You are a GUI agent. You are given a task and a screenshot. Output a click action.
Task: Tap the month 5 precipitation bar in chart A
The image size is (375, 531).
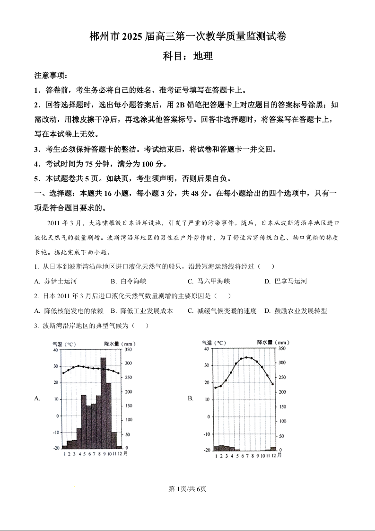point(84,421)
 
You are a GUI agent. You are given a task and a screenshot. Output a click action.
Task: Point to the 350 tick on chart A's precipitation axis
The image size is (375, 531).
point(128,350)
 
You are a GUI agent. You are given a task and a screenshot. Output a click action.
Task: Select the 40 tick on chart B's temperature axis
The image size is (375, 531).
point(206,349)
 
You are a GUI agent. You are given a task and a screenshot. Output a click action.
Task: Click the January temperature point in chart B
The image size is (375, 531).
point(216,388)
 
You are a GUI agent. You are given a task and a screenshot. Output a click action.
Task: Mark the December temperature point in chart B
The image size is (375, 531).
point(273,384)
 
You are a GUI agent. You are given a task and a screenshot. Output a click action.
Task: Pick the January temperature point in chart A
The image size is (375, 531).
point(63,373)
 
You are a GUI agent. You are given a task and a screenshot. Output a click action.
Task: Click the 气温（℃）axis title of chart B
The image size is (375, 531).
point(213,342)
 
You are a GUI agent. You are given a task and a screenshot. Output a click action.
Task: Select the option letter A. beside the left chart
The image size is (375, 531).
point(37,398)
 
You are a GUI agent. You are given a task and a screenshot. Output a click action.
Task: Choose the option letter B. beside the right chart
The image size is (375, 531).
point(191,398)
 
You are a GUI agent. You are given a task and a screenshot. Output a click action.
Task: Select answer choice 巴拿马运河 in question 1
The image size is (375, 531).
point(291,281)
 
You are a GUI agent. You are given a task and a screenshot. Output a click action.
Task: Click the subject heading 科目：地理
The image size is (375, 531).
point(188,56)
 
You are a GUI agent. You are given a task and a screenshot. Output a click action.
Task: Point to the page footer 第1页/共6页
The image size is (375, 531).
point(188,489)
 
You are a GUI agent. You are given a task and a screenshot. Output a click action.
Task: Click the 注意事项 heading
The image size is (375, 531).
point(51,76)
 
